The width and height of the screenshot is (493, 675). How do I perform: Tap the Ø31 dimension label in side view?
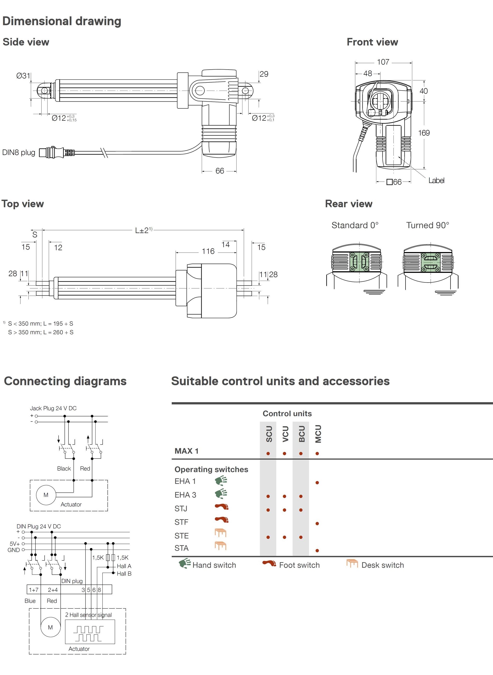pos(23,76)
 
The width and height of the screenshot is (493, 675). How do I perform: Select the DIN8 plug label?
pos(18,152)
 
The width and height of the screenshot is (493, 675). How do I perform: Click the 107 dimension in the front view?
pos(383,62)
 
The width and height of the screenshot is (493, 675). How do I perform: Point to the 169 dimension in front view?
pos(424,133)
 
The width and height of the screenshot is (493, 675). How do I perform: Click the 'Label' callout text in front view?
pos(436,180)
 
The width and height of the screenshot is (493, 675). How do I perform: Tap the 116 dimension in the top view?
pos(208,251)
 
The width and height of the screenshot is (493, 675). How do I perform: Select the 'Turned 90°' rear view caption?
pos(427,225)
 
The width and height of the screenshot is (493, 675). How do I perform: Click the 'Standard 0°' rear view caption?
pos(355,225)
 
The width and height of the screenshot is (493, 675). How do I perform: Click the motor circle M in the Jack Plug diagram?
pos(46,495)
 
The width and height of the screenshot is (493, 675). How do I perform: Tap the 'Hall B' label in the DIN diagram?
pos(124,574)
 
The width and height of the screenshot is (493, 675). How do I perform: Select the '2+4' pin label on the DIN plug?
pos(53,590)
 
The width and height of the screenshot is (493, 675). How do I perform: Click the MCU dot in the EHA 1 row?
pos(317,483)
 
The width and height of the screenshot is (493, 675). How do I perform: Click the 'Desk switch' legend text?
pos(383,565)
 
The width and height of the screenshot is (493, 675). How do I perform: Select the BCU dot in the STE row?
pos(301,537)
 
